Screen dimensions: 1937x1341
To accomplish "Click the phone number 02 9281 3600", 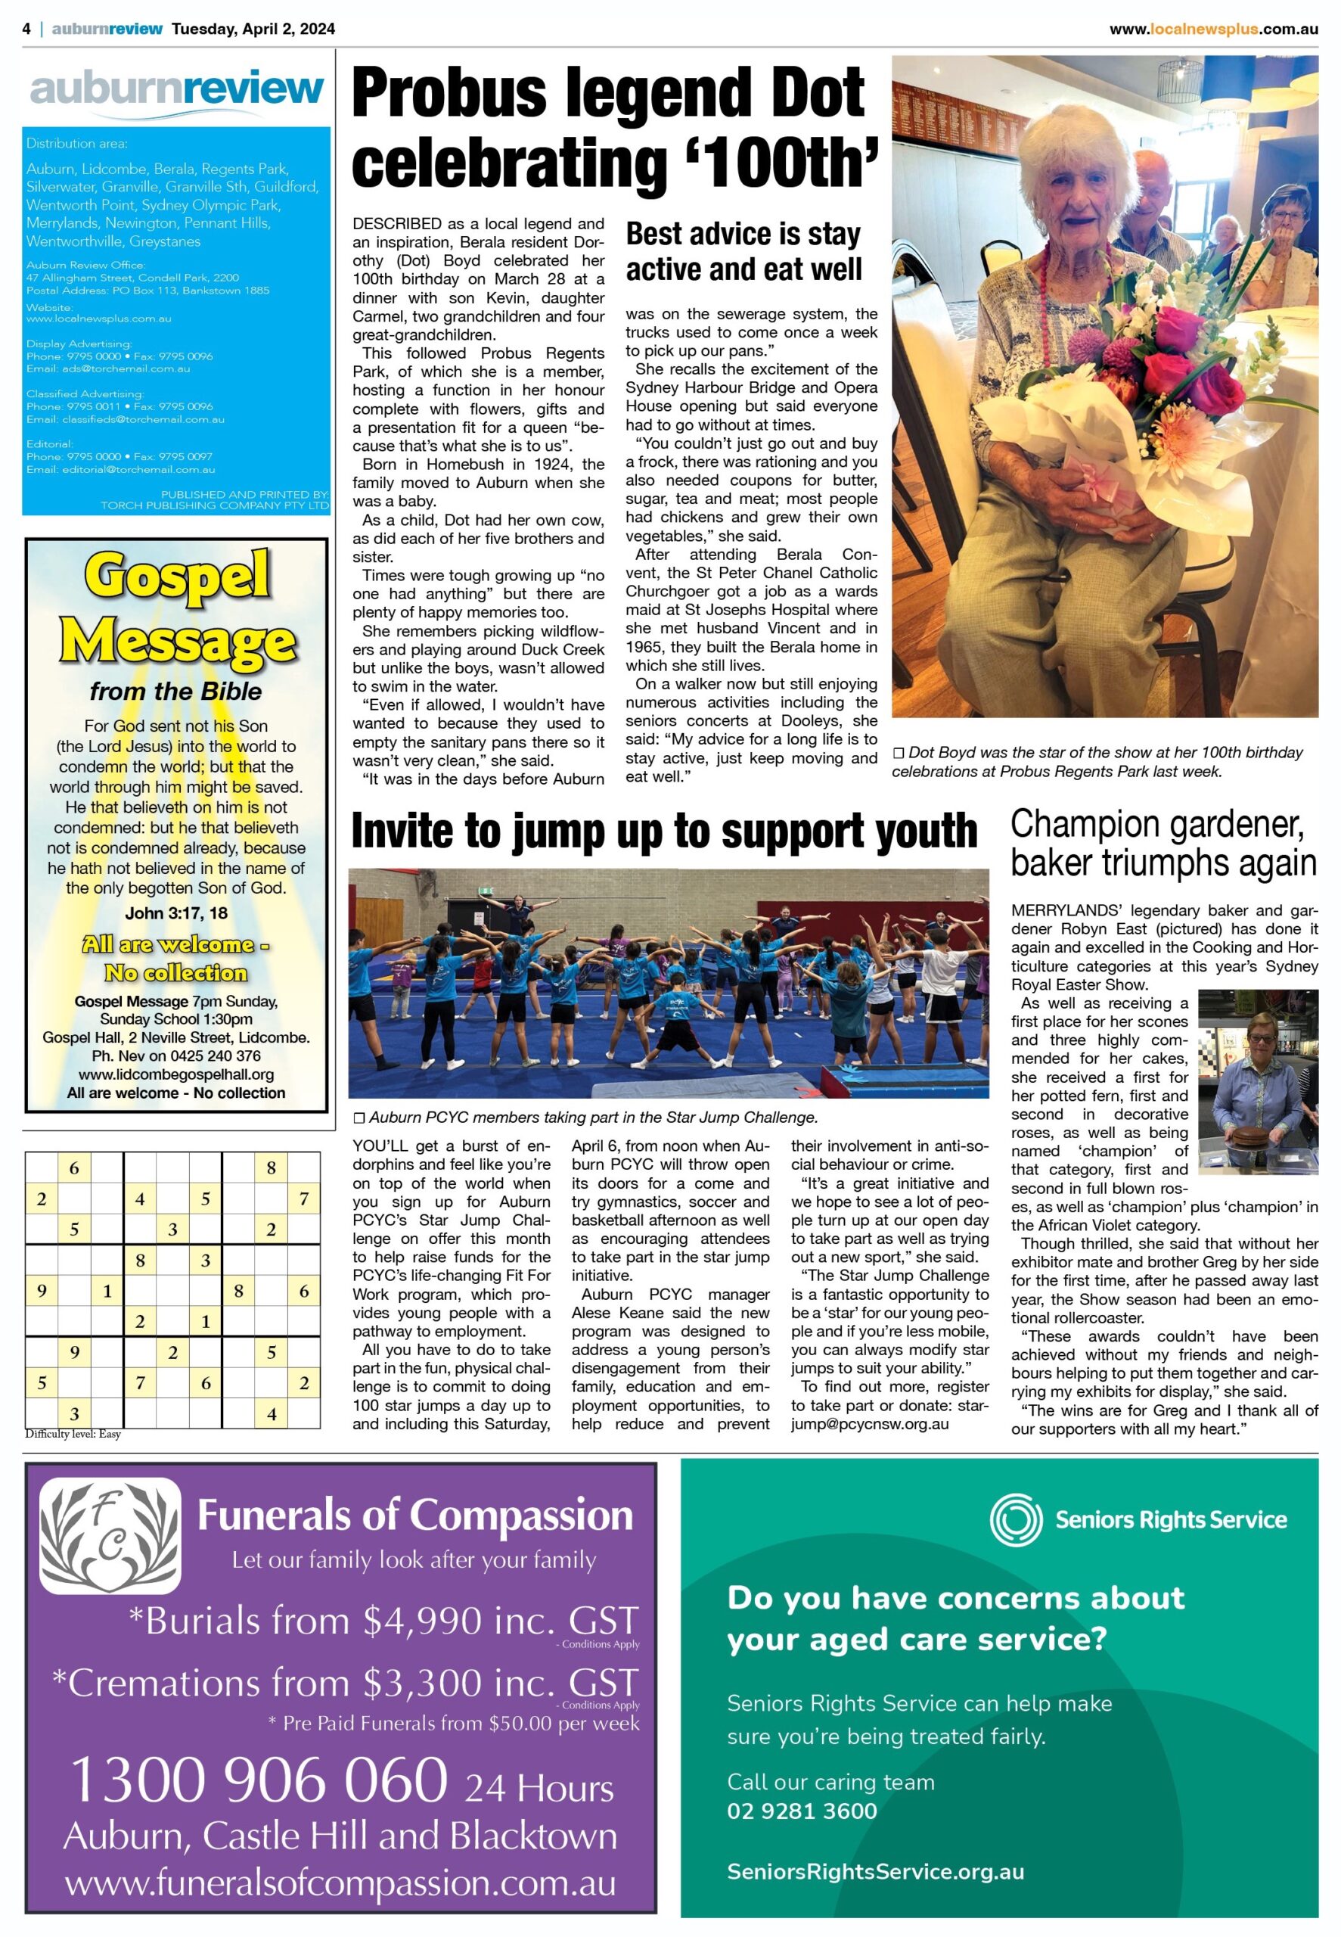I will tap(802, 1810).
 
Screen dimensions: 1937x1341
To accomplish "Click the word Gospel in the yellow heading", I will tap(177, 578).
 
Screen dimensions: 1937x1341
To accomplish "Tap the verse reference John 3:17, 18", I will tap(176, 913).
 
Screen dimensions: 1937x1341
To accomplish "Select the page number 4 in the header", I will tap(27, 29).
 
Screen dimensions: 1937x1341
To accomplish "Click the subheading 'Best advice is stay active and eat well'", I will tap(743, 251).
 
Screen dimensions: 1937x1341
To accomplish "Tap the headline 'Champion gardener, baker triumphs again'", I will tap(1162, 844).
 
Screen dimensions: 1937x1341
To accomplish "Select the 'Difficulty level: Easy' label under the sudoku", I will tap(73, 1435).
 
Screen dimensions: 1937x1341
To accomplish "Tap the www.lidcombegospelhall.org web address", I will tap(176, 1074).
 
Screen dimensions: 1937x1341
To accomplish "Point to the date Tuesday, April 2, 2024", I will tap(253, 29).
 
